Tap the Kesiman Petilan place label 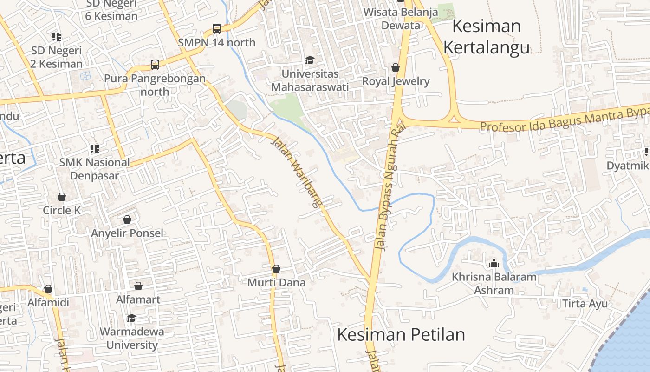(x=401, y=335)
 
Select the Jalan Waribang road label (x=297, y=172)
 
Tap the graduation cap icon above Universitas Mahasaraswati (x=310, y=60)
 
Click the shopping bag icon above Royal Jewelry (x=396, y=68)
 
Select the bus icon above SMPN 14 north (x=217, y=29)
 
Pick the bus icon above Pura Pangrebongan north (x=155, y=65)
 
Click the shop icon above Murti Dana (x=276, y=269)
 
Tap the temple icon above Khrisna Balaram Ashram (x=494, y=263)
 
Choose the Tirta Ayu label (x=585, y=304)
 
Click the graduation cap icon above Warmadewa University (x=132, y=318)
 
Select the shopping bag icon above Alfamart (x=138, y=286)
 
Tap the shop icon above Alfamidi (x=48, y=289)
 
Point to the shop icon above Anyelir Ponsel (x=127, y=219)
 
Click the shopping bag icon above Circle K (x=62, y=197)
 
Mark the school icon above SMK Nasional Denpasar (x=94, y=149)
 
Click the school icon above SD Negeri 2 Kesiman (x=57, y=36)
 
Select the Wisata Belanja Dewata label (x=401, y=19)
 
